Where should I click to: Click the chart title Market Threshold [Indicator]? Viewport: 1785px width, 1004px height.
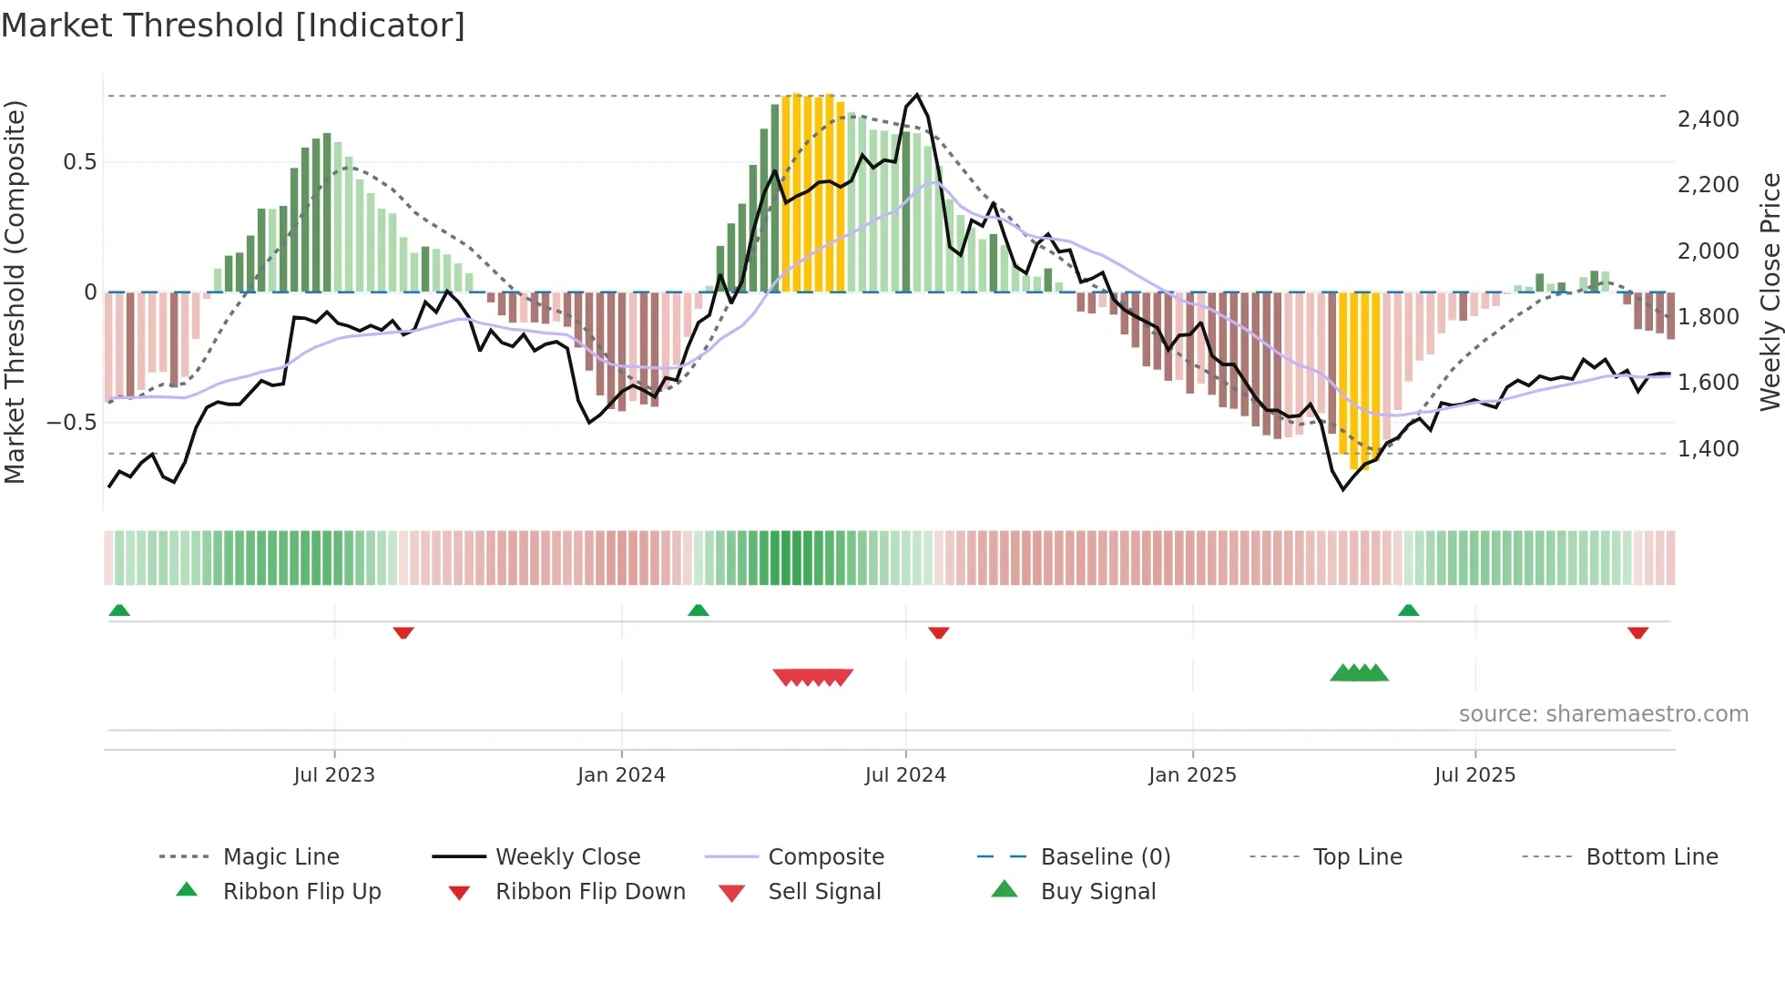233,26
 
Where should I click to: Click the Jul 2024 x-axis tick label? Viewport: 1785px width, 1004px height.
905,774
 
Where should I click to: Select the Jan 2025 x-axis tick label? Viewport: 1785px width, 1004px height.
1192,774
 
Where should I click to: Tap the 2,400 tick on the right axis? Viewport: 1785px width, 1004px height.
1708,118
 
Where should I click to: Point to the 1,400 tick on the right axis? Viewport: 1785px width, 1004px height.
1708,448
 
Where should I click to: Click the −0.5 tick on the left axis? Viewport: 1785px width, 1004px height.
71,422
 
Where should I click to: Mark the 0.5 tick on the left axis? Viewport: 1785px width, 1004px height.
79,161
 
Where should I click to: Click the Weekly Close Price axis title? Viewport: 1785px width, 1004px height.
1770,292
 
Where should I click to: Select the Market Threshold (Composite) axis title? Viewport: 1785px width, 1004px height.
15,292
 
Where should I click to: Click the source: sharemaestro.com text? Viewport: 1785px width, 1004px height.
1603,713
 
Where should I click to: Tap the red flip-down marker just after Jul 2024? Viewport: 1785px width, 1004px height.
939,632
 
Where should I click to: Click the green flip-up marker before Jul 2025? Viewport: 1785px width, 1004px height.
1408,610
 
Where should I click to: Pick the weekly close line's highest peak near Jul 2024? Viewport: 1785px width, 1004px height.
916,95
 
